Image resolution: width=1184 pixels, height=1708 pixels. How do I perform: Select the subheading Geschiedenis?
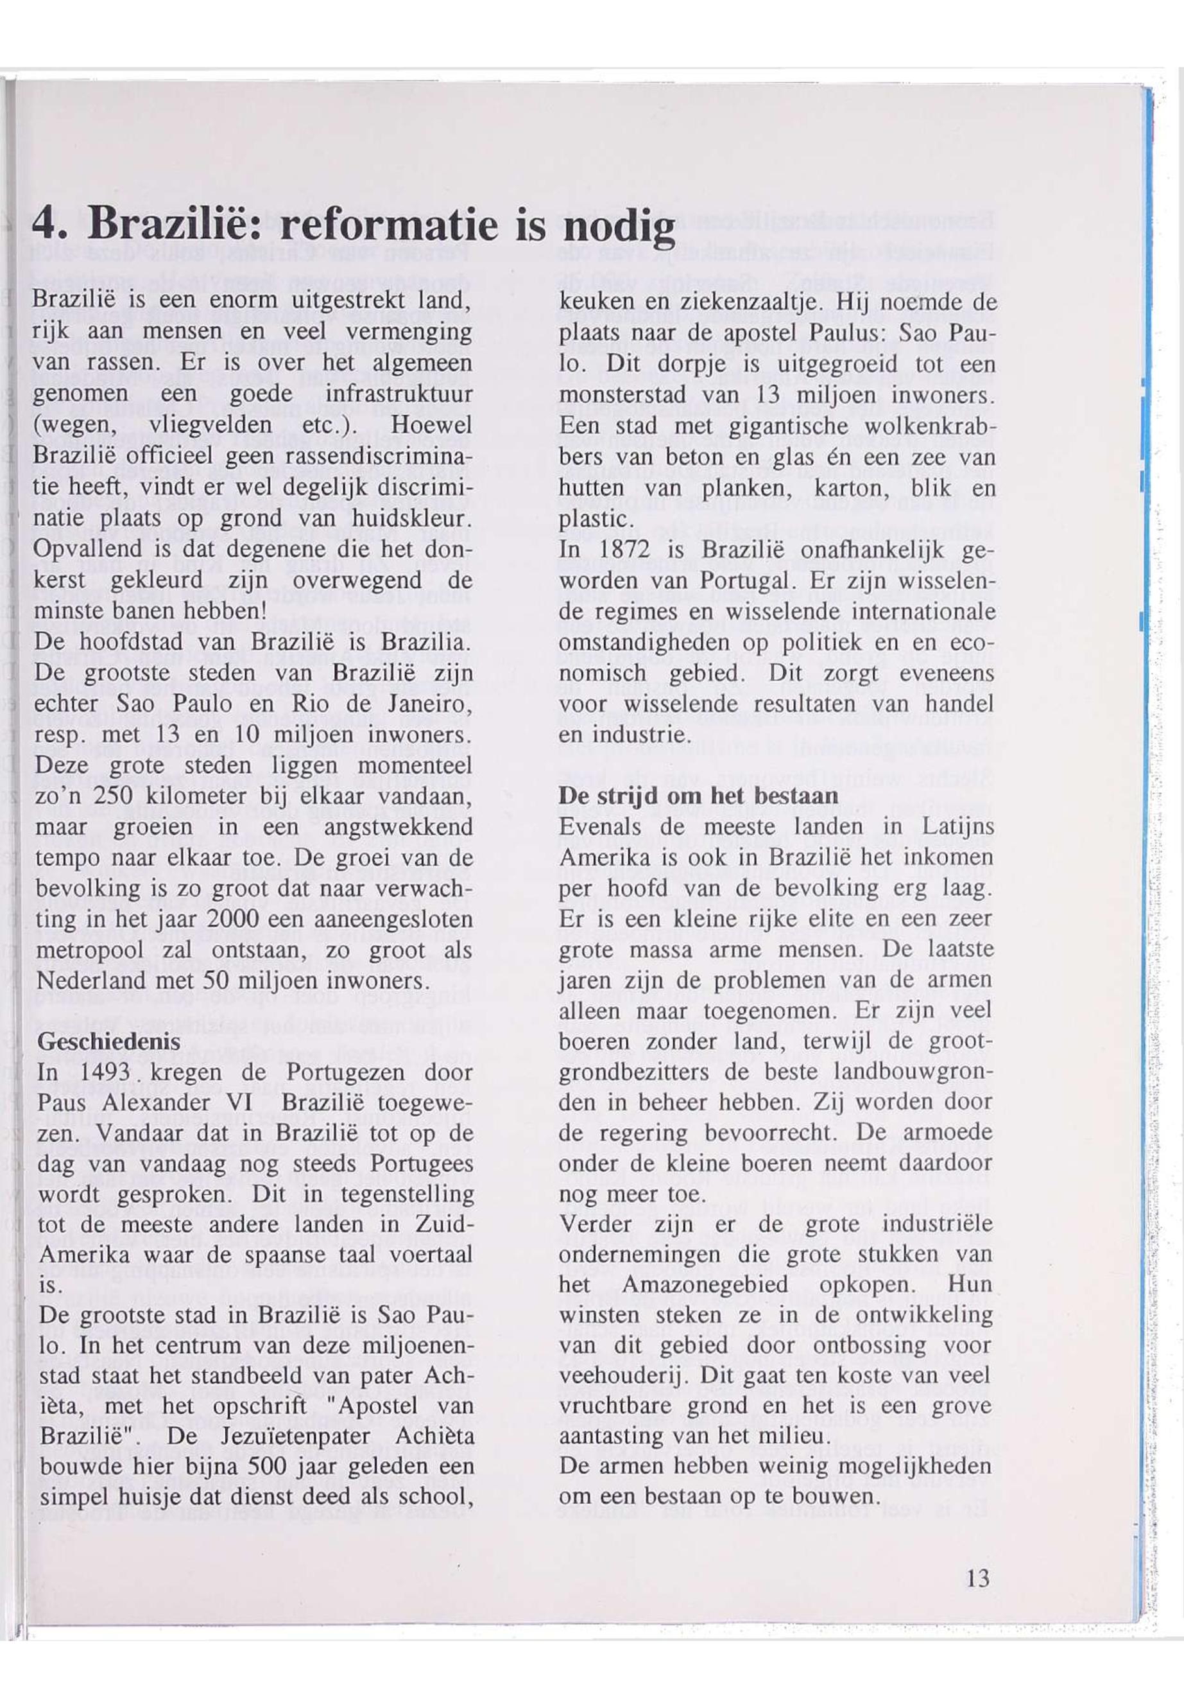click(x=108, y=1041)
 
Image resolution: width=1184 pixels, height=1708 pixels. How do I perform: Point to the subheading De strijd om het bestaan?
click(x=698, y=795)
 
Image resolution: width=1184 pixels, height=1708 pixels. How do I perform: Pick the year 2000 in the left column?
click(x=232, y=919)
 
